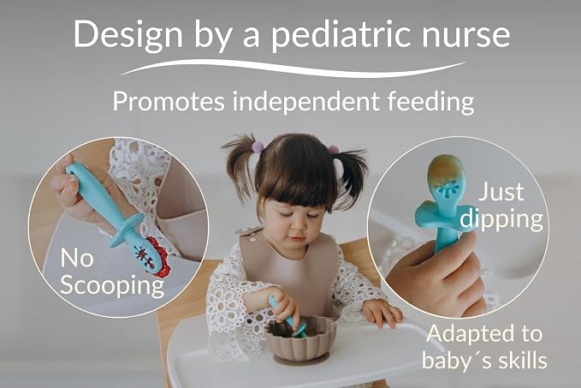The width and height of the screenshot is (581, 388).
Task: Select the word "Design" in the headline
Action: tap(128, 35)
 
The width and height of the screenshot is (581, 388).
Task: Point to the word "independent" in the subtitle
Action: tap(305, 101)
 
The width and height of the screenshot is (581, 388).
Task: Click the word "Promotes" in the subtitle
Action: tap(169, 101)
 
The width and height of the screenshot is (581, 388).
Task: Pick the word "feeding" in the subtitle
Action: tap(431, 101)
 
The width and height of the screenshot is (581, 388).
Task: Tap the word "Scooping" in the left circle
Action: tap(112, 286)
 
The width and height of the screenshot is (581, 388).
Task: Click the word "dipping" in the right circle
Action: tap(501, 219)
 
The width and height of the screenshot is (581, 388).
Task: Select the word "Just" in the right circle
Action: tap(501, 192)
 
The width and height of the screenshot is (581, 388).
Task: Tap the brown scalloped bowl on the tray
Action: tap(301, 339)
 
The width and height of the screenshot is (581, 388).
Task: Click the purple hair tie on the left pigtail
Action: tap(258, 147)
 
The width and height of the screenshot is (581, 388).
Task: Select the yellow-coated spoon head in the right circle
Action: tap(446, 172)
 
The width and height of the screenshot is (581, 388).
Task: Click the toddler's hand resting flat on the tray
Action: tap(382, 313)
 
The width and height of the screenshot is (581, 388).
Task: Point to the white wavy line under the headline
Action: tap(293, 69)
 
